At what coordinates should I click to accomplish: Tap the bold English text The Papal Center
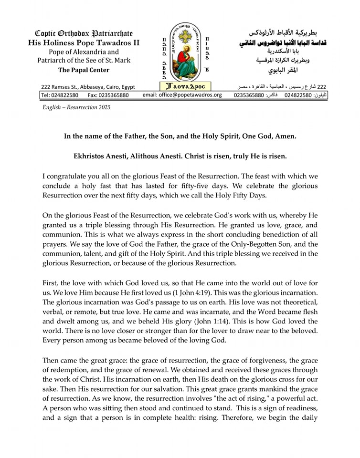(84, 70)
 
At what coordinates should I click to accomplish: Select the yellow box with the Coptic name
(186, 87)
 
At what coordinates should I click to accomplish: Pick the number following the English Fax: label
(115, 95)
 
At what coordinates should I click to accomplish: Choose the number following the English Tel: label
(65, 95)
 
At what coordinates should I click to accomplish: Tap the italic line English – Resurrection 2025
(76, 107)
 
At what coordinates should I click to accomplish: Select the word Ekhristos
(90, 156)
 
